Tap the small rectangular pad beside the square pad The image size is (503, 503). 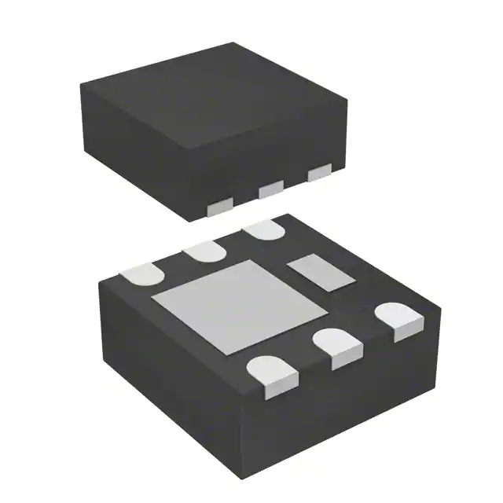coord(320,272)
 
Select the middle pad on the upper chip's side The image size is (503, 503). coord(271,189)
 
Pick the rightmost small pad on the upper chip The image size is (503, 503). coord(319,173)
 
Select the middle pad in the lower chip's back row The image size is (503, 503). coord(204,251)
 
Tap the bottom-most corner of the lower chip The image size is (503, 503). coord(259,481)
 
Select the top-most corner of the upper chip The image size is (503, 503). coord(233,43)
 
